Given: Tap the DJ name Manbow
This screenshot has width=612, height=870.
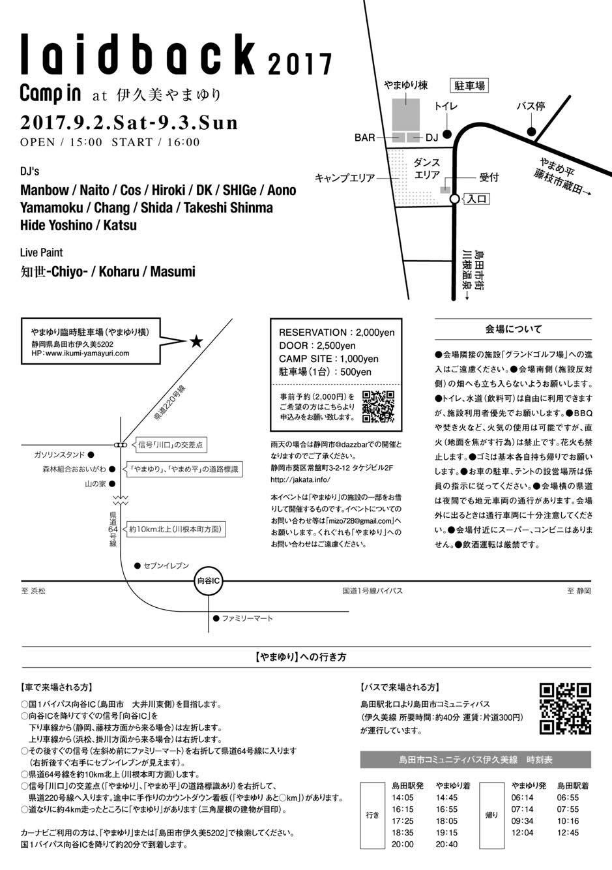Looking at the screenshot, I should pyautogui.click(x=44, y=190).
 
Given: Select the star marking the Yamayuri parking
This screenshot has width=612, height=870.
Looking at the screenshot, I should pyautogui.click(x=195, y=341).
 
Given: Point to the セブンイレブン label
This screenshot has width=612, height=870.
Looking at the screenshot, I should pyautogui.click(x=166, y=565).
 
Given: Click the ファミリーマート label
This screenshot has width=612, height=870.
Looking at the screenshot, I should pyautogui.click(x=247, y=618).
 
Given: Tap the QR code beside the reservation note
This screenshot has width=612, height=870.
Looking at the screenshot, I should pyautogui.click(x=378, y=406).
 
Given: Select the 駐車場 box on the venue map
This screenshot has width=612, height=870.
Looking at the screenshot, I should pyautogui.click(x=470, y=85).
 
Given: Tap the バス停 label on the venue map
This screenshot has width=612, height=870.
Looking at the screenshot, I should pyautogui.click(x=530, y=106).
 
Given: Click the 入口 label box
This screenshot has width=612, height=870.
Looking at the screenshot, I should pyautogui.click(x=476, y=199).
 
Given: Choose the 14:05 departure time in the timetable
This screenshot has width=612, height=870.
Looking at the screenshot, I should pyautogui.click(x=402, y=797).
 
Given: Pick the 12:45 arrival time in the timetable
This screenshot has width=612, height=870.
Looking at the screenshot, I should pyautogui.click(x=568, y=832).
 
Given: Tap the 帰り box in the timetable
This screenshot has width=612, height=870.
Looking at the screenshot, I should pyautogui.click(x=491, y=815).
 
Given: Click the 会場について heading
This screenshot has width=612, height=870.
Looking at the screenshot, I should pyautogui.click(x=513, y=329).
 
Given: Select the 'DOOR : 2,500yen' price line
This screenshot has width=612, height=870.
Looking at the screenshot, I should pyautogui.click(x=317, y=346).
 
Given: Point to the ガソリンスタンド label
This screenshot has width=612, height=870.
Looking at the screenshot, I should pyautogui.click(x=59, y=455).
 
